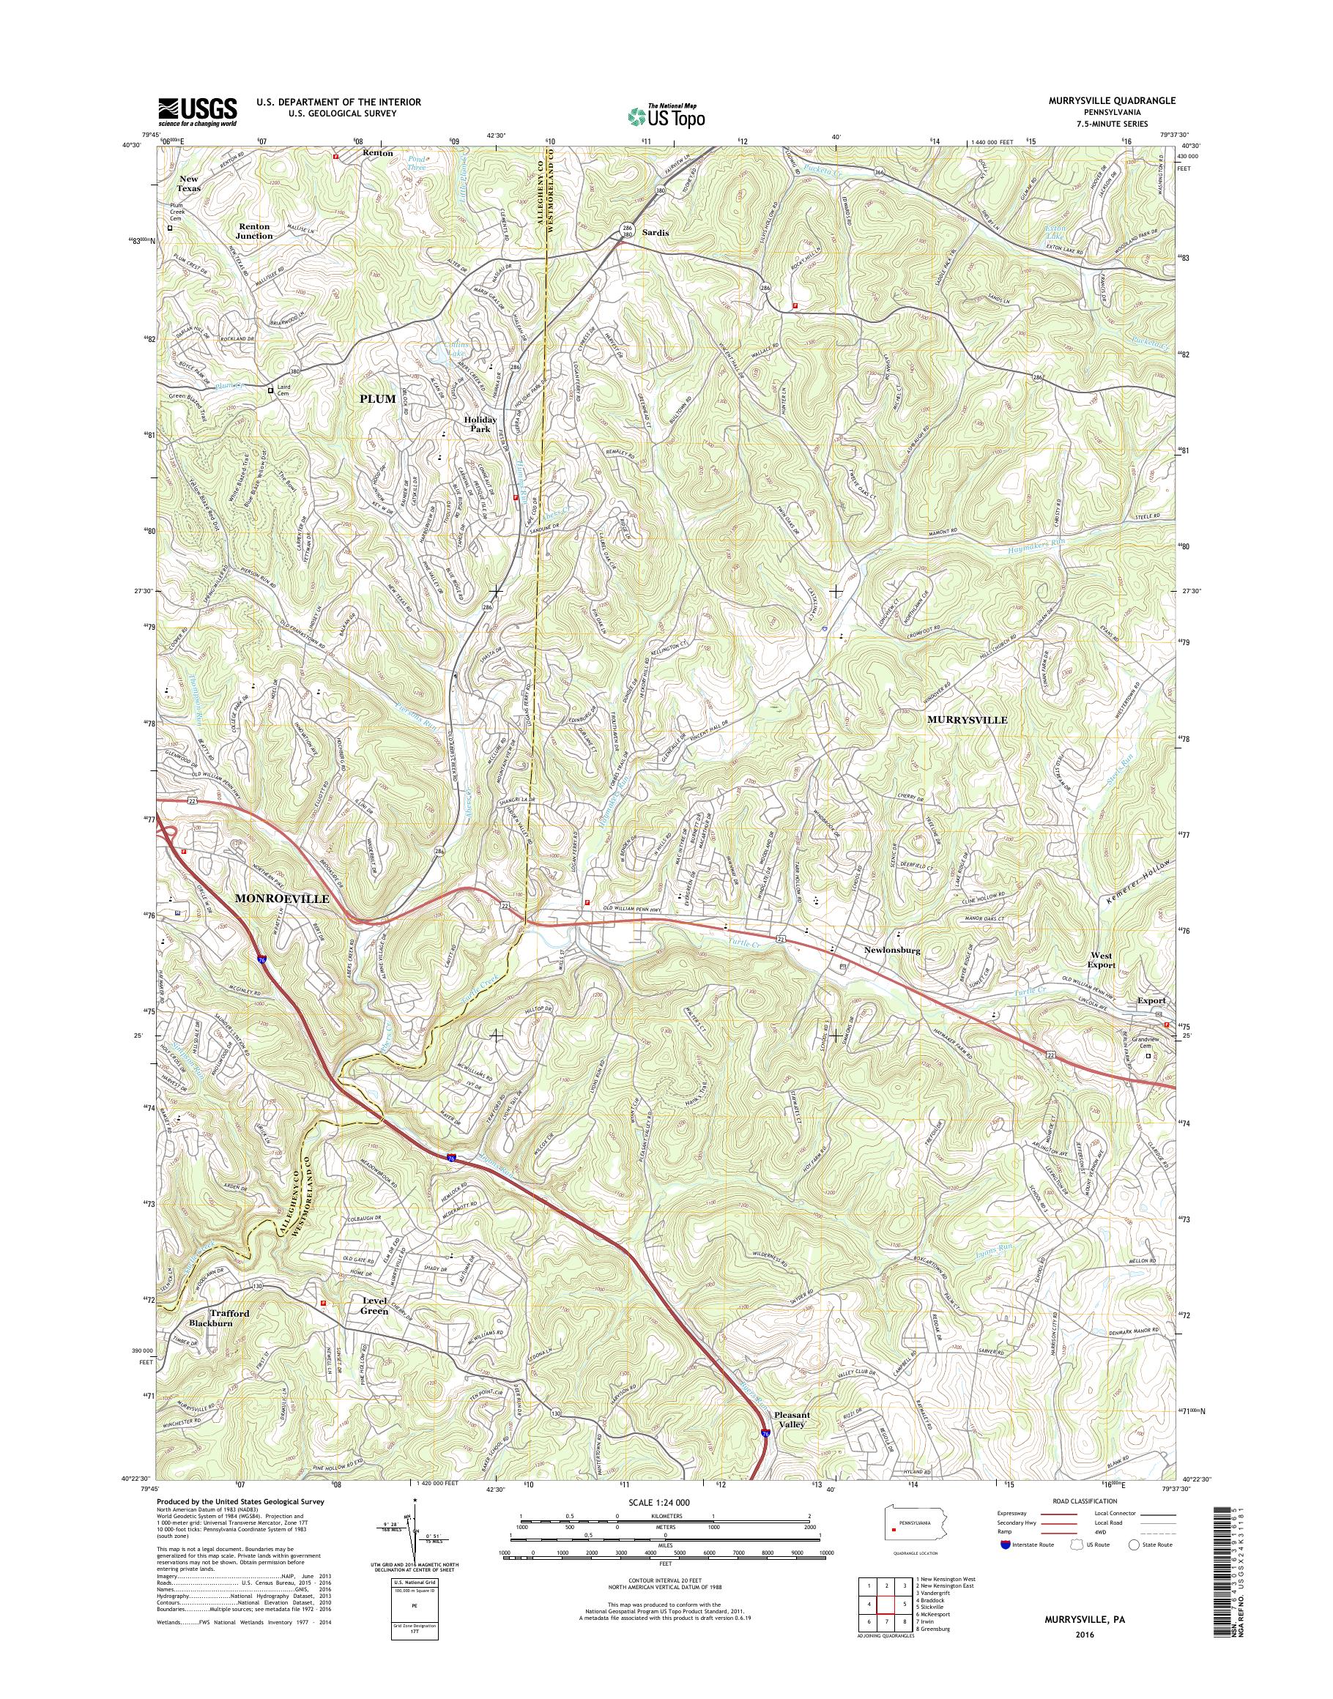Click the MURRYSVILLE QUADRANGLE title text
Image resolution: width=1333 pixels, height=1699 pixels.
[x=1123, y=102]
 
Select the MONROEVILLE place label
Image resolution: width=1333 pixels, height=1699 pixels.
[x=283, y=899]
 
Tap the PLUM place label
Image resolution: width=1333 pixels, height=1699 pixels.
[x=378, y=399]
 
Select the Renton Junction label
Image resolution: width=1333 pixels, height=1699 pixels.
[x=254, y=231]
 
